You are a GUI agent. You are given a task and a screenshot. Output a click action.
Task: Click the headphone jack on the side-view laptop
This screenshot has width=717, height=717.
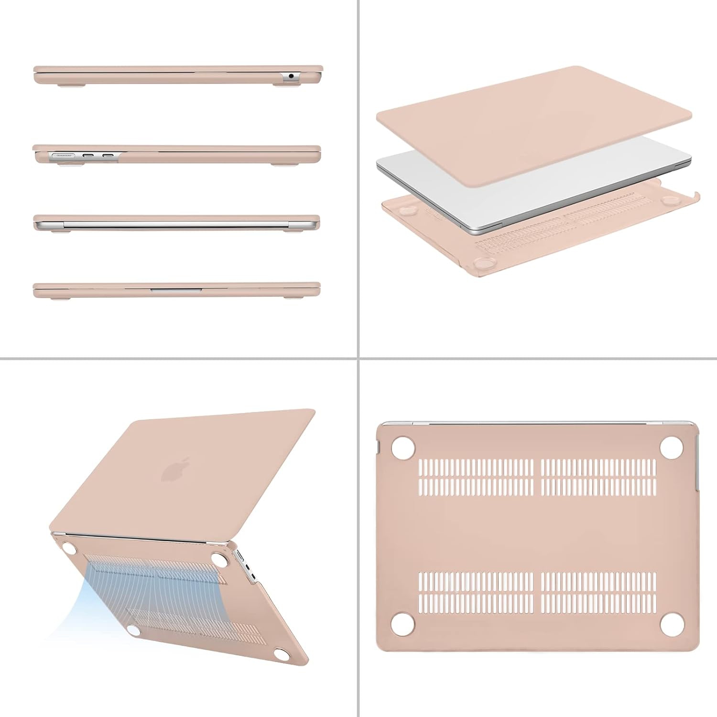pos(291,76)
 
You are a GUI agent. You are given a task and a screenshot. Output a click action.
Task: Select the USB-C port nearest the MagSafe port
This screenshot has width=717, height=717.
pos(88,155)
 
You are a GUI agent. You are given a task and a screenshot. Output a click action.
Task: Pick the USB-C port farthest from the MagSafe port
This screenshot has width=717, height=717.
pos(108,155)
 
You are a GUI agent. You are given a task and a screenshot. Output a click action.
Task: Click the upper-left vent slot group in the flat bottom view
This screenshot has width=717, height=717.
pos(476,477)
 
